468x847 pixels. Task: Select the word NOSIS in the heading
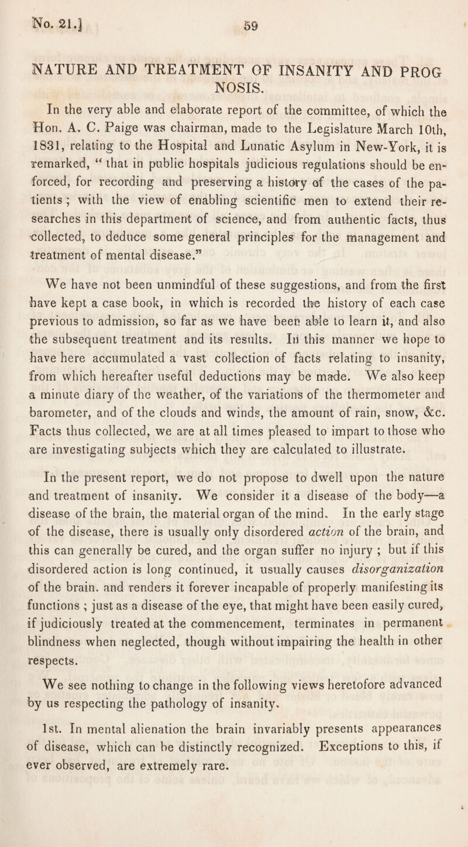coord(234,76)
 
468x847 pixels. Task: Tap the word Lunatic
coord(243,127)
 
